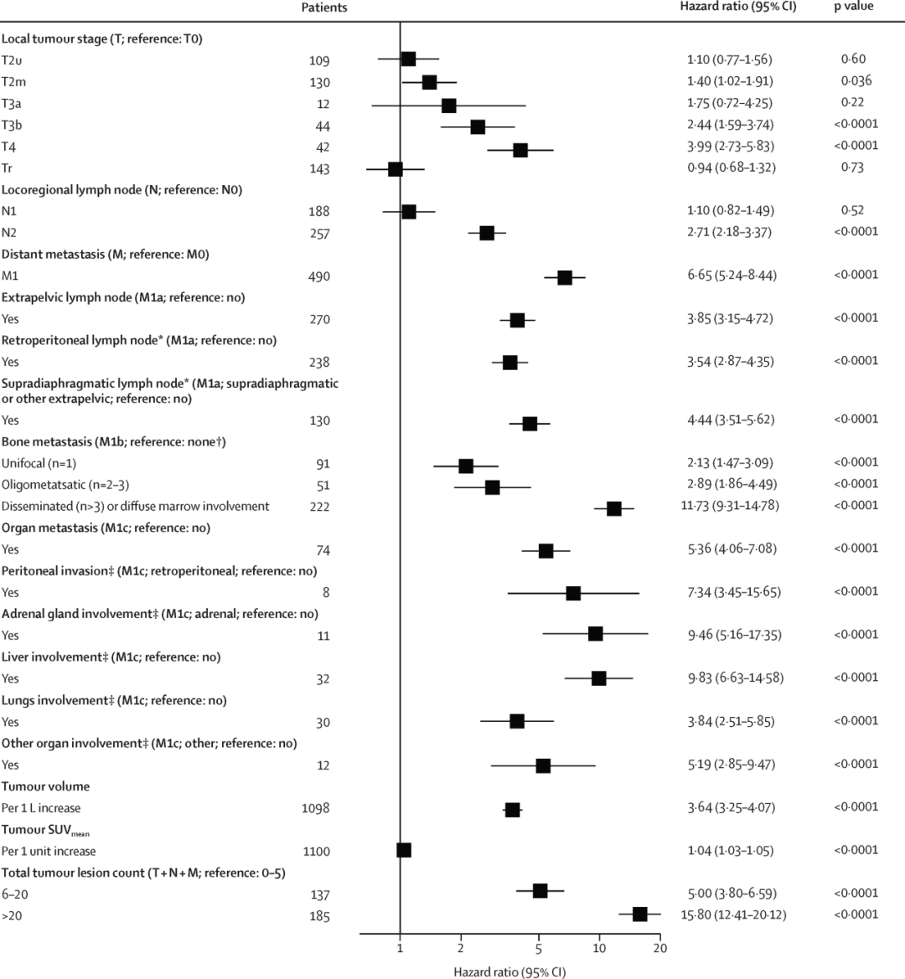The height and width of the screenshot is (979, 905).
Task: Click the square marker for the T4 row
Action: pos(520,150)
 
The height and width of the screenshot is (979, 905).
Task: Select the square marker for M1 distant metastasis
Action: pos(565,277)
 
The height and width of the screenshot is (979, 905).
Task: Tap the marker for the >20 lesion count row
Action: pos(640,914)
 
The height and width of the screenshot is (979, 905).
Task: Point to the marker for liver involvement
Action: pos(598,678)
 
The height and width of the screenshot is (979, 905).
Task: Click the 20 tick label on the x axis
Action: pos(660,948)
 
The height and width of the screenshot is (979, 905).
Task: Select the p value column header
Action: pos(853,7)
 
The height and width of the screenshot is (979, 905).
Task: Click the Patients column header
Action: pos(324,8)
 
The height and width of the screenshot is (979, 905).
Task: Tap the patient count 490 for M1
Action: pos(318,276)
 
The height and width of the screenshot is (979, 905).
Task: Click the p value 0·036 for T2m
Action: pos(856,81)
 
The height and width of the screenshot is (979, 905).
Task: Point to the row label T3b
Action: pos(13,126)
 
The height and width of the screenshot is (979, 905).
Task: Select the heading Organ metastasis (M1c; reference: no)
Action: pos(106,528)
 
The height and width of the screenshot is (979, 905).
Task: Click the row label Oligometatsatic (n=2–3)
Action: pos(65,485)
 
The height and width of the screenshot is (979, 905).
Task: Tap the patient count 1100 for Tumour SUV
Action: pos(316,851)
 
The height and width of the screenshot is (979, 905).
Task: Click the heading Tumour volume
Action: pos(45,786)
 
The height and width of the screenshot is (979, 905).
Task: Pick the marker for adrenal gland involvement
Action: pos(595,634)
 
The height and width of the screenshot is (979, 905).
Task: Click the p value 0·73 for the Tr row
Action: pos(853,167)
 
